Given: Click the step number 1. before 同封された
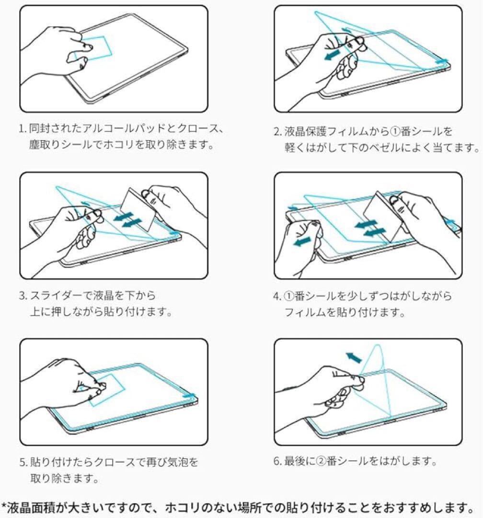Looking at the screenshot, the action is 23,129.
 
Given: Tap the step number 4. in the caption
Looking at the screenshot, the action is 277,296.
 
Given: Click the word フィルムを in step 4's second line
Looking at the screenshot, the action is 310,312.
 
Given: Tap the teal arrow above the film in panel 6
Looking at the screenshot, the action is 354,357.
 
